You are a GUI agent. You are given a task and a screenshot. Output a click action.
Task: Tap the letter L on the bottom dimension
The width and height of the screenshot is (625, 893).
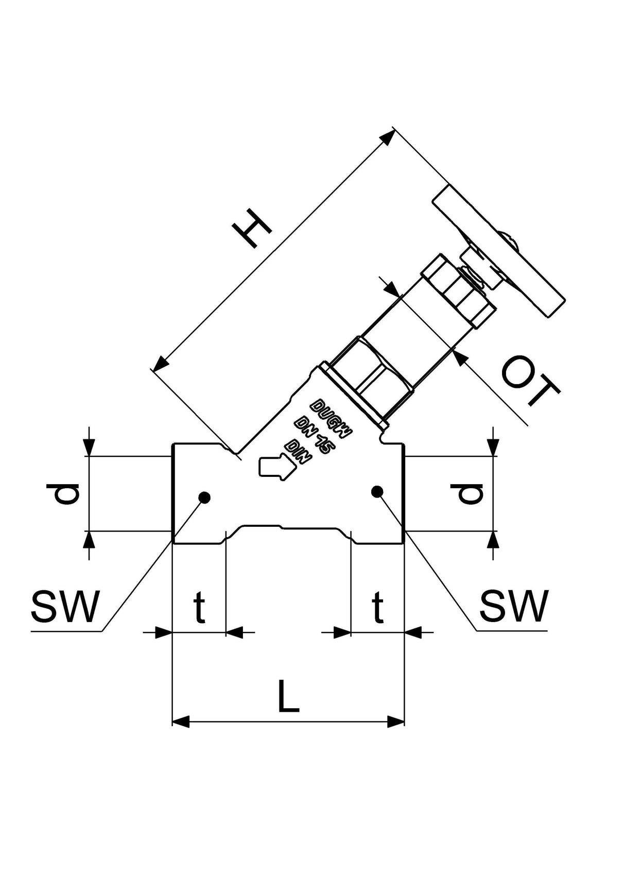[288, 696]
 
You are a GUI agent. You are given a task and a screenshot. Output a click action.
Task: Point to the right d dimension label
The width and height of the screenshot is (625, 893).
[471, 493]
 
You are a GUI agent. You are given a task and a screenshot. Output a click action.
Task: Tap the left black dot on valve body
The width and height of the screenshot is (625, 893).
[205, 497]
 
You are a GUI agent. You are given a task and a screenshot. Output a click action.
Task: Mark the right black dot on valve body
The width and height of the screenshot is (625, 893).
[377, 491]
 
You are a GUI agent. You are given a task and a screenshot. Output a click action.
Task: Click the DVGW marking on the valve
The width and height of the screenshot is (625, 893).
[331, 418]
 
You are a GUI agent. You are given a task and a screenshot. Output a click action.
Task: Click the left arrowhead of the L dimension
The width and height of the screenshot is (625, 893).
[181, 722]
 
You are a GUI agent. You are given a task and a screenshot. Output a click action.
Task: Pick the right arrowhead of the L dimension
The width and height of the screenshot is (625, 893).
[395, 722]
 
